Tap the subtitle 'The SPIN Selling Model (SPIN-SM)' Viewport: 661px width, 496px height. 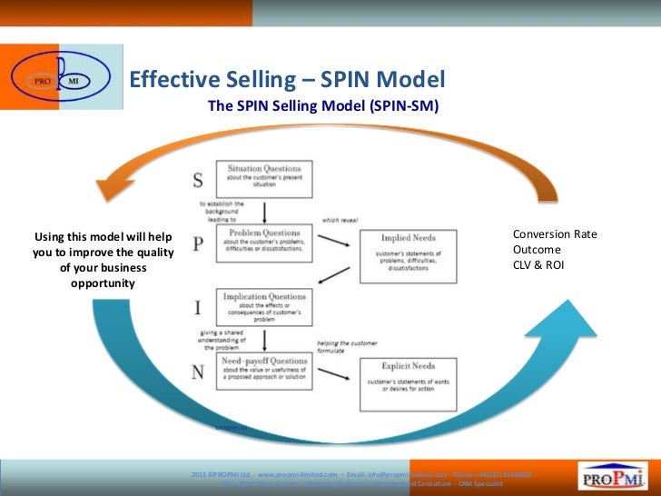point(322,106)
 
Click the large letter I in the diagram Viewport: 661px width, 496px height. point(198,308)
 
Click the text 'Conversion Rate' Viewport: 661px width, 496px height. point(555,233)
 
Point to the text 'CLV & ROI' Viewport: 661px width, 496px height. point(542,266)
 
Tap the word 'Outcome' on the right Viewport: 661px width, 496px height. point(537,250)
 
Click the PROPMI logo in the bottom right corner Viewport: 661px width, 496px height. point(613,475)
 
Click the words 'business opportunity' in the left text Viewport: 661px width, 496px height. point(102,276)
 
